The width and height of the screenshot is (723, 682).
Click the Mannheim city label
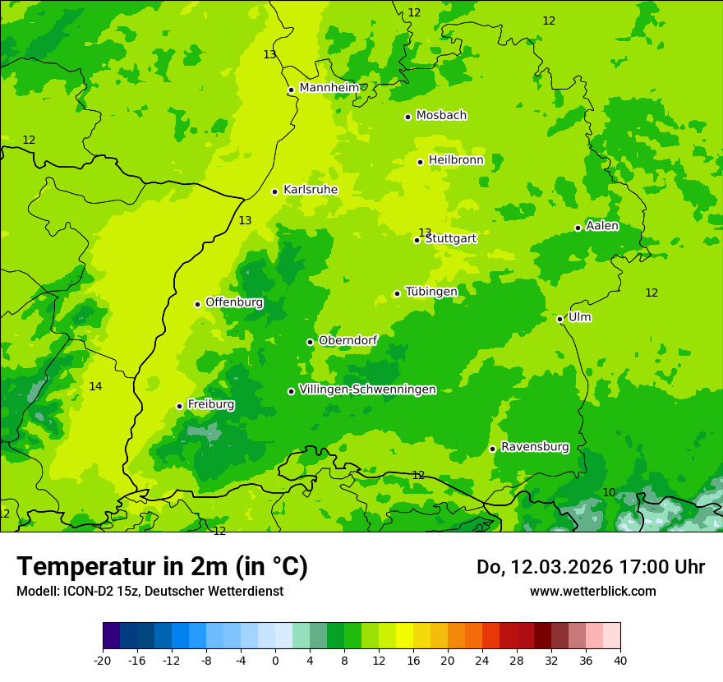[x=329, y=88]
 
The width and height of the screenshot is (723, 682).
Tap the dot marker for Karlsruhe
[x=275, y=191]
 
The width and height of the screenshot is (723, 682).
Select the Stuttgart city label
[x=450, y=238]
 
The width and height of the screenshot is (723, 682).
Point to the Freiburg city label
[x=210, y=404]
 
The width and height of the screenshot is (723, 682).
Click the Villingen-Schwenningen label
[x=367, y=389]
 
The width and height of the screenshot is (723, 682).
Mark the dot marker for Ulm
[x=560, y=319]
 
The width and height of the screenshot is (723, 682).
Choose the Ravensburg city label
[x=535, y=447]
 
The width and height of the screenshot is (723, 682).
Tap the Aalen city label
[x=602, y=226]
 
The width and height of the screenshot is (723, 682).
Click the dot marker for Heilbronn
[x=420, y=162]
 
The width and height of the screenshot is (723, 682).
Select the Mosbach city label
[x=441, y=115]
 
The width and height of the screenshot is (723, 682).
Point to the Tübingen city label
[x=431, y=292]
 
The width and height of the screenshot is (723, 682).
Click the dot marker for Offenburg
[x=197, y=304]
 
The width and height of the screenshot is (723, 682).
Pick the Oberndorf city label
[x=348, y=340]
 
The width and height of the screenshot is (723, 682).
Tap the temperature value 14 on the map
[x=95, y=386]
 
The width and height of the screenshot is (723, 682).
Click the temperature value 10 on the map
[x=609, y=492]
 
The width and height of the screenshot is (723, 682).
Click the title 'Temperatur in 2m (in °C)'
[x=162, y=567]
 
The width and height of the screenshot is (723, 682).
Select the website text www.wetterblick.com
[x=592, y=592]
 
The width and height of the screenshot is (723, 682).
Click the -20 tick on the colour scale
[x=103, y=661]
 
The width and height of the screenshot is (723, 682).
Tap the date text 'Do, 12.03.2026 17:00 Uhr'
[x=590, y=567]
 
